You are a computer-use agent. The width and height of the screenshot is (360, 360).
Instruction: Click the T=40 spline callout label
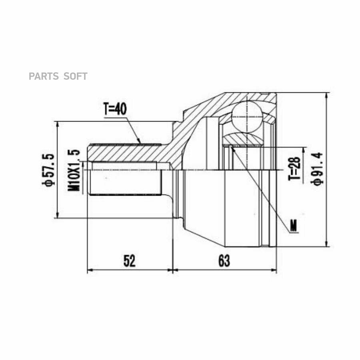(115, 109)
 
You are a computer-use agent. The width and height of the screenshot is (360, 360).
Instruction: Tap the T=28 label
(294, 168)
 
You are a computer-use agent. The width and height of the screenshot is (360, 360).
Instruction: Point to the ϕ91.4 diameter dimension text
(317, 169)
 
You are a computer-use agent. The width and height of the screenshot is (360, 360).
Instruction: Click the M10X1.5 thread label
(74, 170)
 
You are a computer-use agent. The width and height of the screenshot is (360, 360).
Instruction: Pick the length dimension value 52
(130, 261)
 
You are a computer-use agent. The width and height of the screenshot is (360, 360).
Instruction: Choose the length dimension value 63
(224, 261)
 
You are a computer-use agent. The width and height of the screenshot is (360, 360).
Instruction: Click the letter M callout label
(293, 226)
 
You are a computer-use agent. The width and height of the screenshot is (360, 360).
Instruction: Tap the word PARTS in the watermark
(44, 76)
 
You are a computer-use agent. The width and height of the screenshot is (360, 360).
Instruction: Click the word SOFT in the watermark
(75, 76)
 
